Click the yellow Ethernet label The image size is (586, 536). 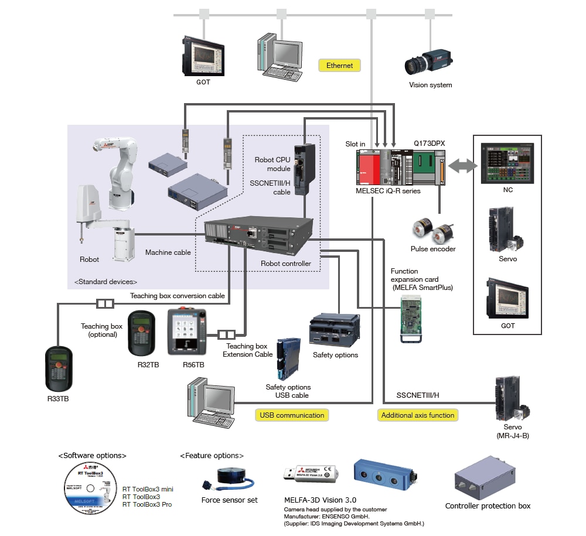click(x=340, y=66)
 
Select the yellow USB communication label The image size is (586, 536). click(x=292, y=415)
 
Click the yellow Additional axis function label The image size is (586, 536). click(x=417, y=415)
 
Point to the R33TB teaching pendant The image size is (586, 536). click(x=60, y=370)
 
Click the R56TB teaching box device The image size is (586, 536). click(x=186, y=332)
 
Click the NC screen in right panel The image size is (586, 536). click(x=506, y=162)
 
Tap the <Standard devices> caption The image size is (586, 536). click(x=105, y=282)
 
